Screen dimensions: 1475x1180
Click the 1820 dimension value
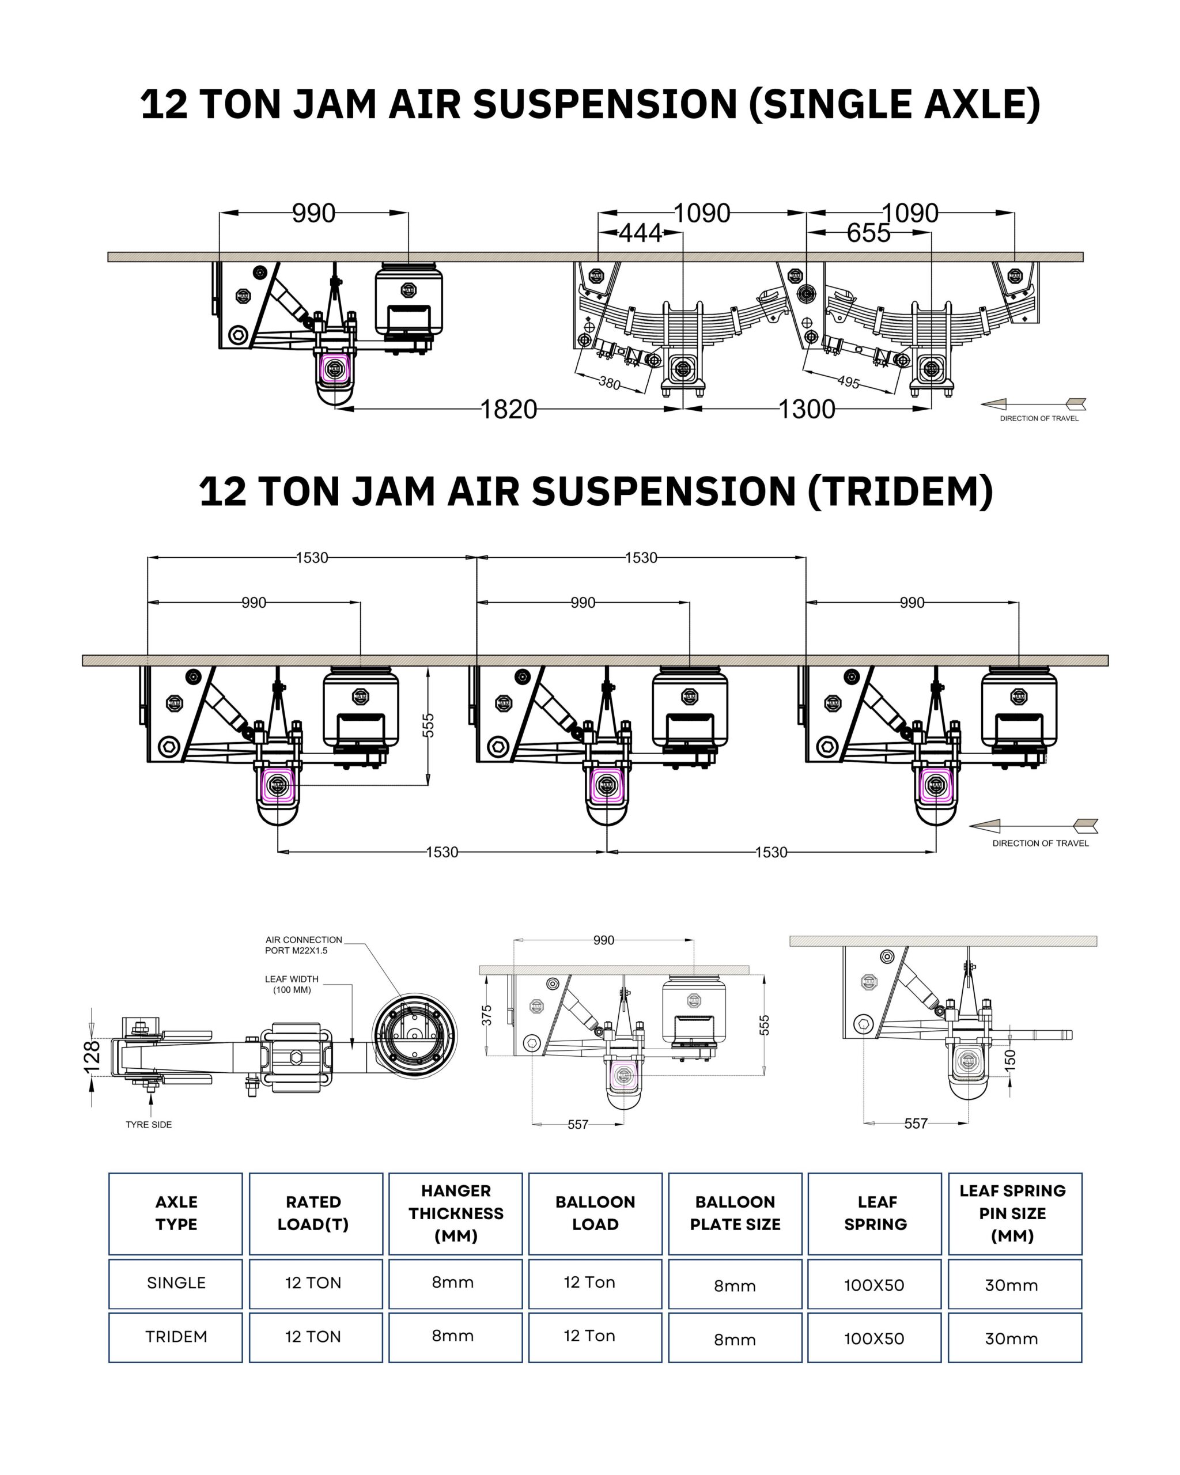[x=508, y=409]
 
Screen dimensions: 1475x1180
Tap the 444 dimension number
[x=640, y=233]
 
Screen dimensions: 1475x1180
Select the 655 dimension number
[x=868, y=233]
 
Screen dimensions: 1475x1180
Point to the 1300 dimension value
[x=807, y=409]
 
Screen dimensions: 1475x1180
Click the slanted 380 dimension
[x=609, y=383]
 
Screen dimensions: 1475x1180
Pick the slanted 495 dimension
[x=848, y=382]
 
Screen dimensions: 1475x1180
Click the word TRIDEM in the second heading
[x=900, y=491]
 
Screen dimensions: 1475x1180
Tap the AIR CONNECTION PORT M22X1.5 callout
[x=303, y=945]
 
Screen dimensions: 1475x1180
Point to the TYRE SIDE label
[x=149, y=1124]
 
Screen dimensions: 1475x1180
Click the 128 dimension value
[x=92, y=1054]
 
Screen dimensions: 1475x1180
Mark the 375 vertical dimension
[x=486, y=1015]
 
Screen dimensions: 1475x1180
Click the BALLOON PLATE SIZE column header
[x=735, y=1213]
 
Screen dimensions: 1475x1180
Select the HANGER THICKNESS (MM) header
[x=456, y=1213]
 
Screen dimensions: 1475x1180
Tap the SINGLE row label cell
[x=176, y=1283]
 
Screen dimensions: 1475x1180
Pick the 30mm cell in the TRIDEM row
[x=1011, y=1339]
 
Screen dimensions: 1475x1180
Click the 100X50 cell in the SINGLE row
[x=873, y=1285]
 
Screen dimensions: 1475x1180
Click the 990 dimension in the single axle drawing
[x=313, y=213]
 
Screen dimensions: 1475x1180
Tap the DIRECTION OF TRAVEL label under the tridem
[x=1040, y=844]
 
